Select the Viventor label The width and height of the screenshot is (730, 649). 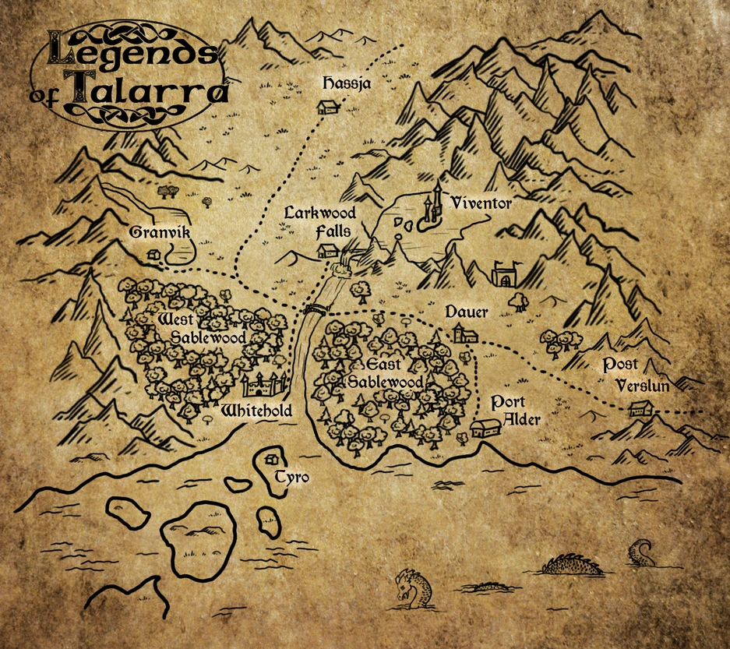[x=481, y=204]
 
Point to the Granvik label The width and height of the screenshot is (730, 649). [x=160, y=232]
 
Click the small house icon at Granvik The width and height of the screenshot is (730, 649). [x=154, y=254]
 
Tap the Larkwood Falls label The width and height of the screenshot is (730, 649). [x=320, y=221]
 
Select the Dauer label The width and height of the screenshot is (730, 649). [x=466, y=312]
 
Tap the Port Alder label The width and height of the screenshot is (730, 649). [x=515, y=411]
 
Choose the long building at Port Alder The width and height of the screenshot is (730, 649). [x=486, y=427]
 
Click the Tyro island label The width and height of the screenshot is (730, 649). [x=292, y=476]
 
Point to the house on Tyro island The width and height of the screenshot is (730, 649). [x=273, y=458]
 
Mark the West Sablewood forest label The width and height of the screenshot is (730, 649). [x=201, y=328]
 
